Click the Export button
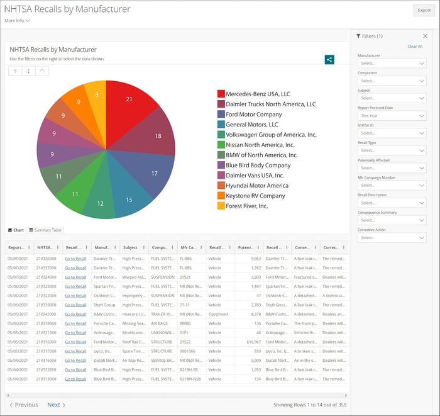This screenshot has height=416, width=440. click(422, 10)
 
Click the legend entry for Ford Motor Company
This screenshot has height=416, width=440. click(254, 115)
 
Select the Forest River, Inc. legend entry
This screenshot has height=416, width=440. click(247, 206)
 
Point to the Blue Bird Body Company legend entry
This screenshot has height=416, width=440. click(258, 165)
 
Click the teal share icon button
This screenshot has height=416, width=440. click(329, 59)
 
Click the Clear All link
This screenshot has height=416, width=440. click(415, 47)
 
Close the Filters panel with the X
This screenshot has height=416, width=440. click(425, 37)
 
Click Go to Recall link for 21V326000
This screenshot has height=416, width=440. click(75, 259)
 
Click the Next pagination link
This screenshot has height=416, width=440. click(56, 405)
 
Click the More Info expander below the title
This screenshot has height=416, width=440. click(17, 21)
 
